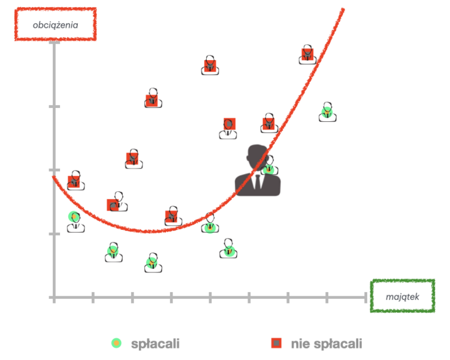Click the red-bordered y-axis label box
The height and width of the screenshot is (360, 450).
pos(56,25)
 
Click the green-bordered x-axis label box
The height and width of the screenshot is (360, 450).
pos(403,296)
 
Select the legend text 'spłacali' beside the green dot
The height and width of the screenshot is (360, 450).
pos(155,343)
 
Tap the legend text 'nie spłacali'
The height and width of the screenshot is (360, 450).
pos(326,343)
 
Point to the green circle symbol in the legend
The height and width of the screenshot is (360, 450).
pos(116,343)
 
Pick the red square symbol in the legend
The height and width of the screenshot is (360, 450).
pos(276,343)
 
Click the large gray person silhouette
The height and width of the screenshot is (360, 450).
pos(256,171)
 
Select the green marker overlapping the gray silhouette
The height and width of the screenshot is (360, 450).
pos(270,167)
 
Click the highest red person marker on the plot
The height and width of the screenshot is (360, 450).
pos(307,55)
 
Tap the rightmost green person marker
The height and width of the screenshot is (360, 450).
pos(327,112)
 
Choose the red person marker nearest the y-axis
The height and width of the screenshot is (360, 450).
pos(75,181)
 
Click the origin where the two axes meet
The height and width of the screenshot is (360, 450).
pos(54,297)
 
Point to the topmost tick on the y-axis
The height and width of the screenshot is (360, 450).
pos(54,43)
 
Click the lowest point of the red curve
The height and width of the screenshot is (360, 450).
pos(150,231)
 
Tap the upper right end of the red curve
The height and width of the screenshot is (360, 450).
pos(343,8)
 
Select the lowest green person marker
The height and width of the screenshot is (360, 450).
pos(153,263)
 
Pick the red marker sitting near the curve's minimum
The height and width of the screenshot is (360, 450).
pos(172,216)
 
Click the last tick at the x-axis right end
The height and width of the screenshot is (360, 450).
pos(366,297)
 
